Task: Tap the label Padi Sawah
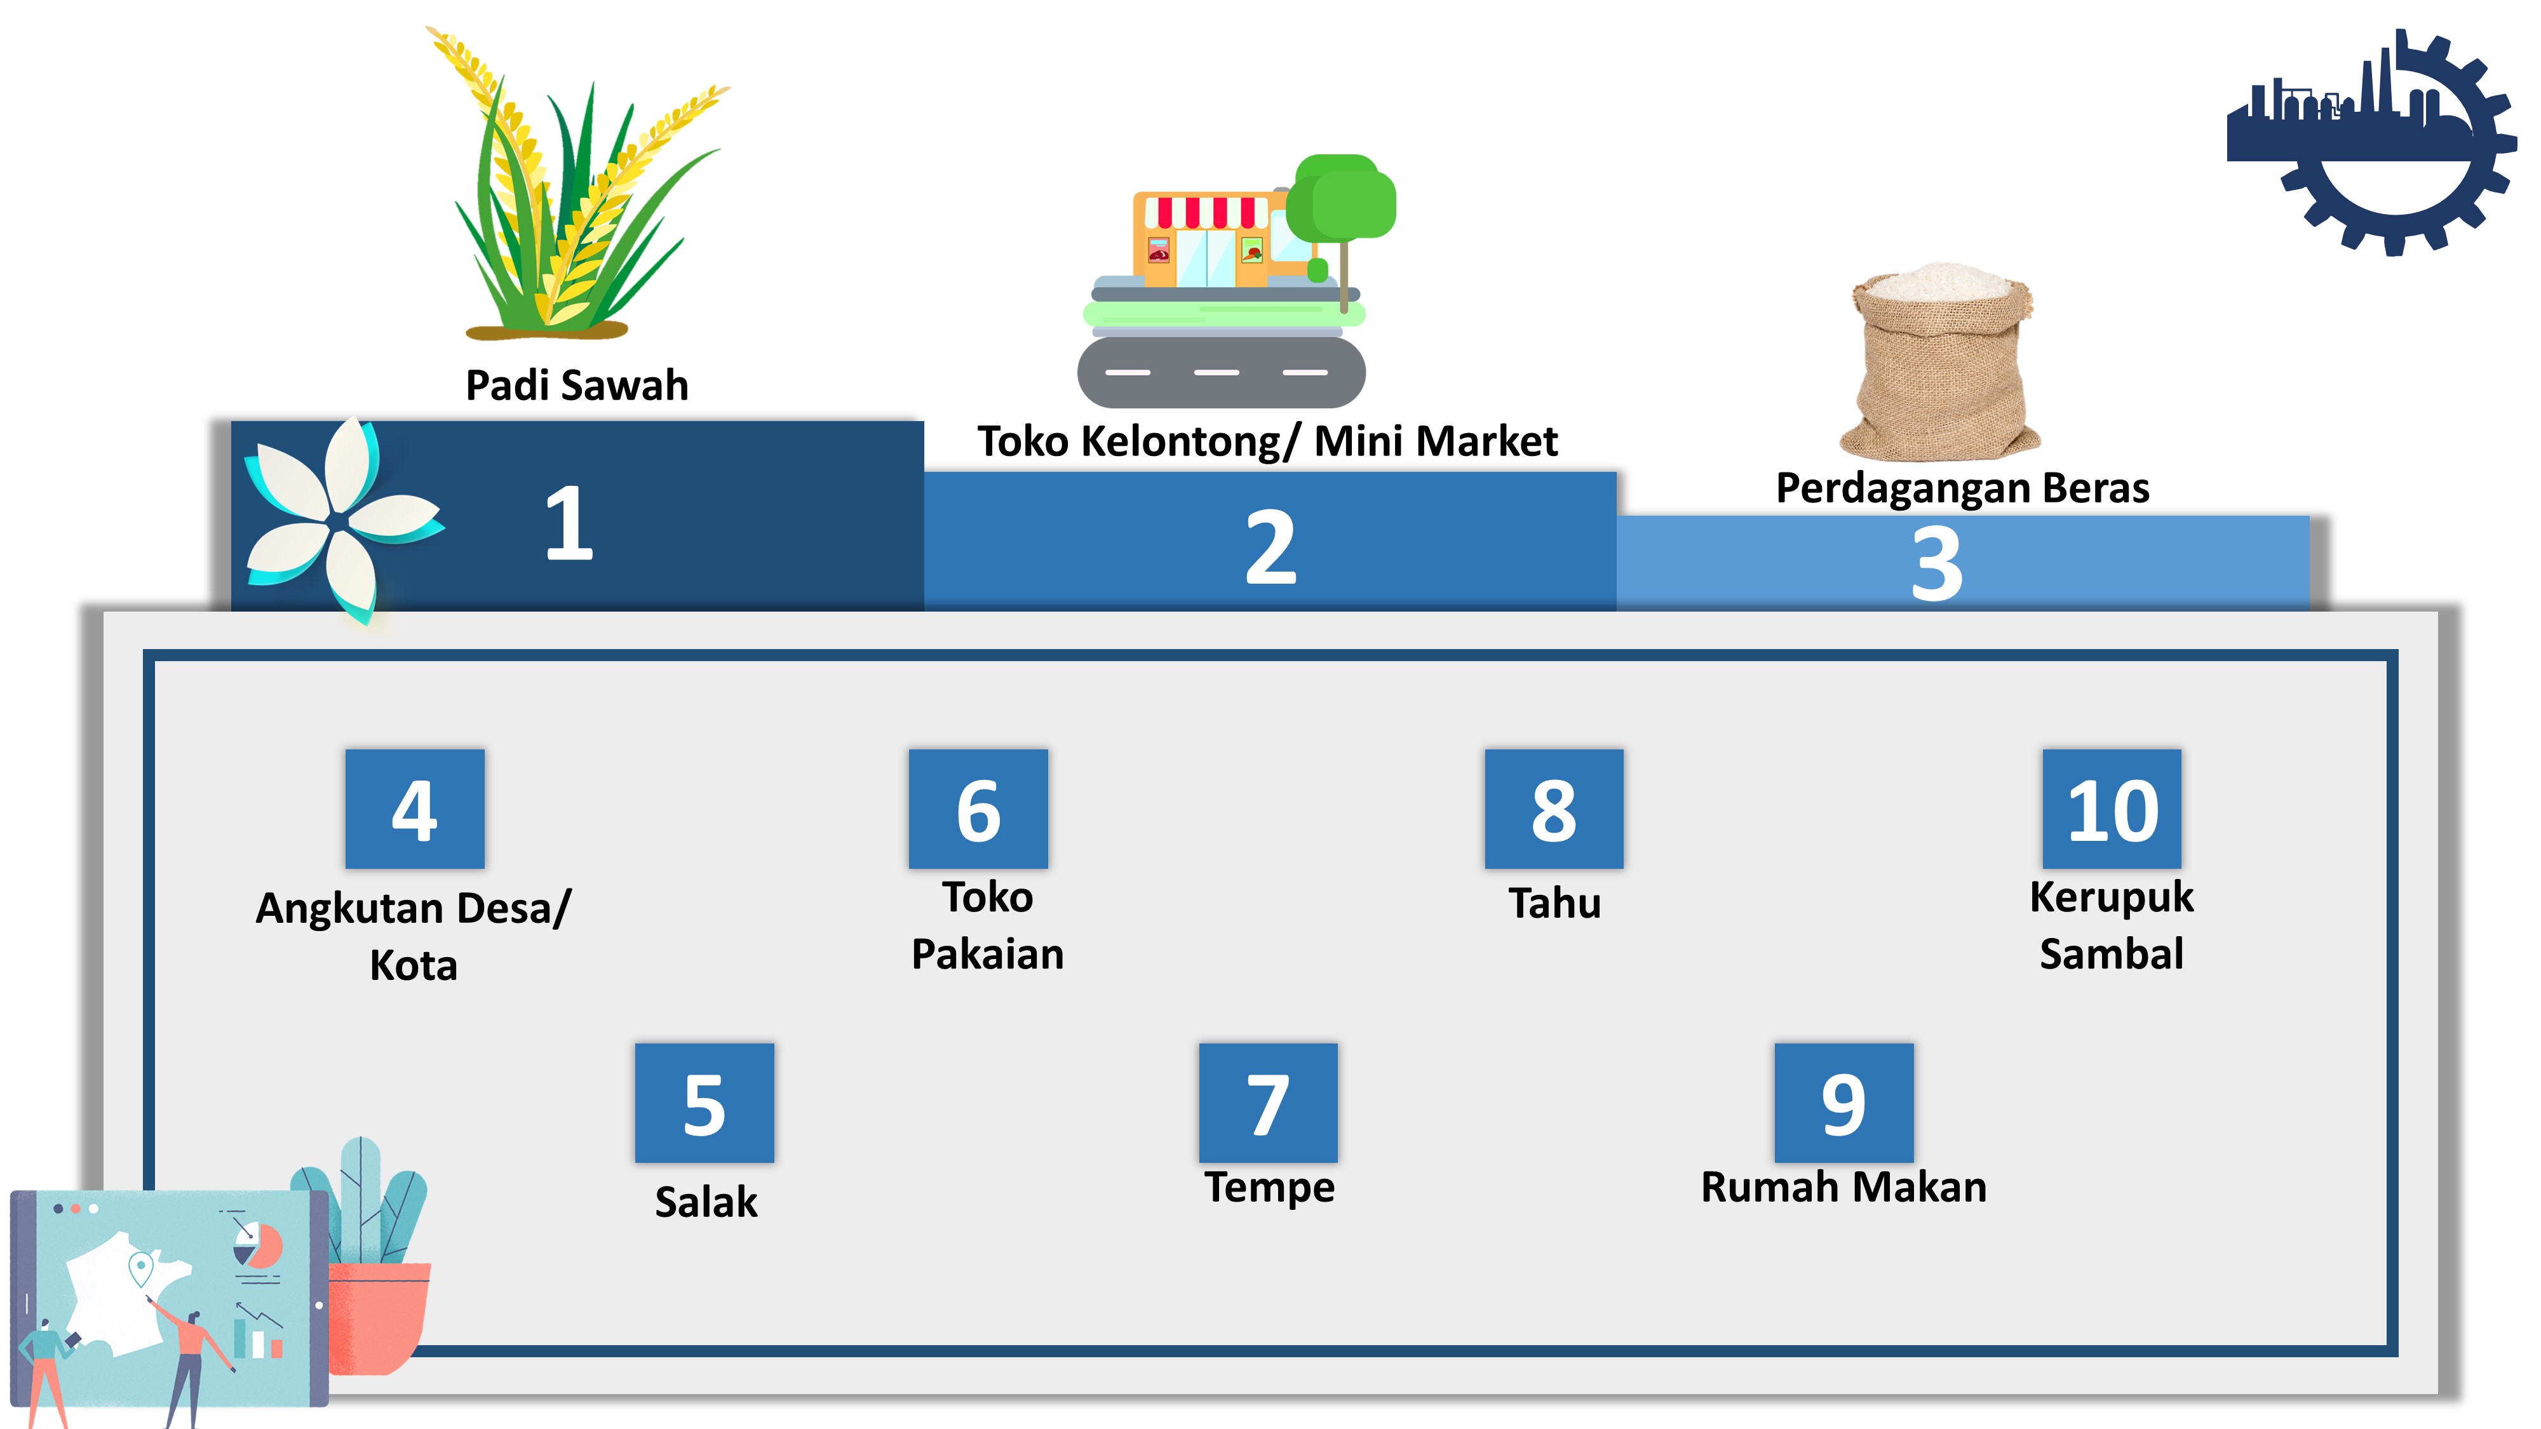tap(577, 386)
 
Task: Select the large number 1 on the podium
tap(569, 524)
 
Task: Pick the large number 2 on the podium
tap(1270, 547)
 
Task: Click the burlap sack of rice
tap(1940, 361)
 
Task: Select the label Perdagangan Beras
tap(1962, 488)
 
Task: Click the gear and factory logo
tap(2371, 142)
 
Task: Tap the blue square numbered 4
tap(414, 808)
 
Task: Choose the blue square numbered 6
tap(978, 808)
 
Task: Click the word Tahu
tap(1554, 903)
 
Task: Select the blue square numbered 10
tap(2112, 808)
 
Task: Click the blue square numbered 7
tap(1269, 1103)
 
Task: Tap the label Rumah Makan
tap(1843, 1186)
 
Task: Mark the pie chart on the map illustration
tap(259, 1245)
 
